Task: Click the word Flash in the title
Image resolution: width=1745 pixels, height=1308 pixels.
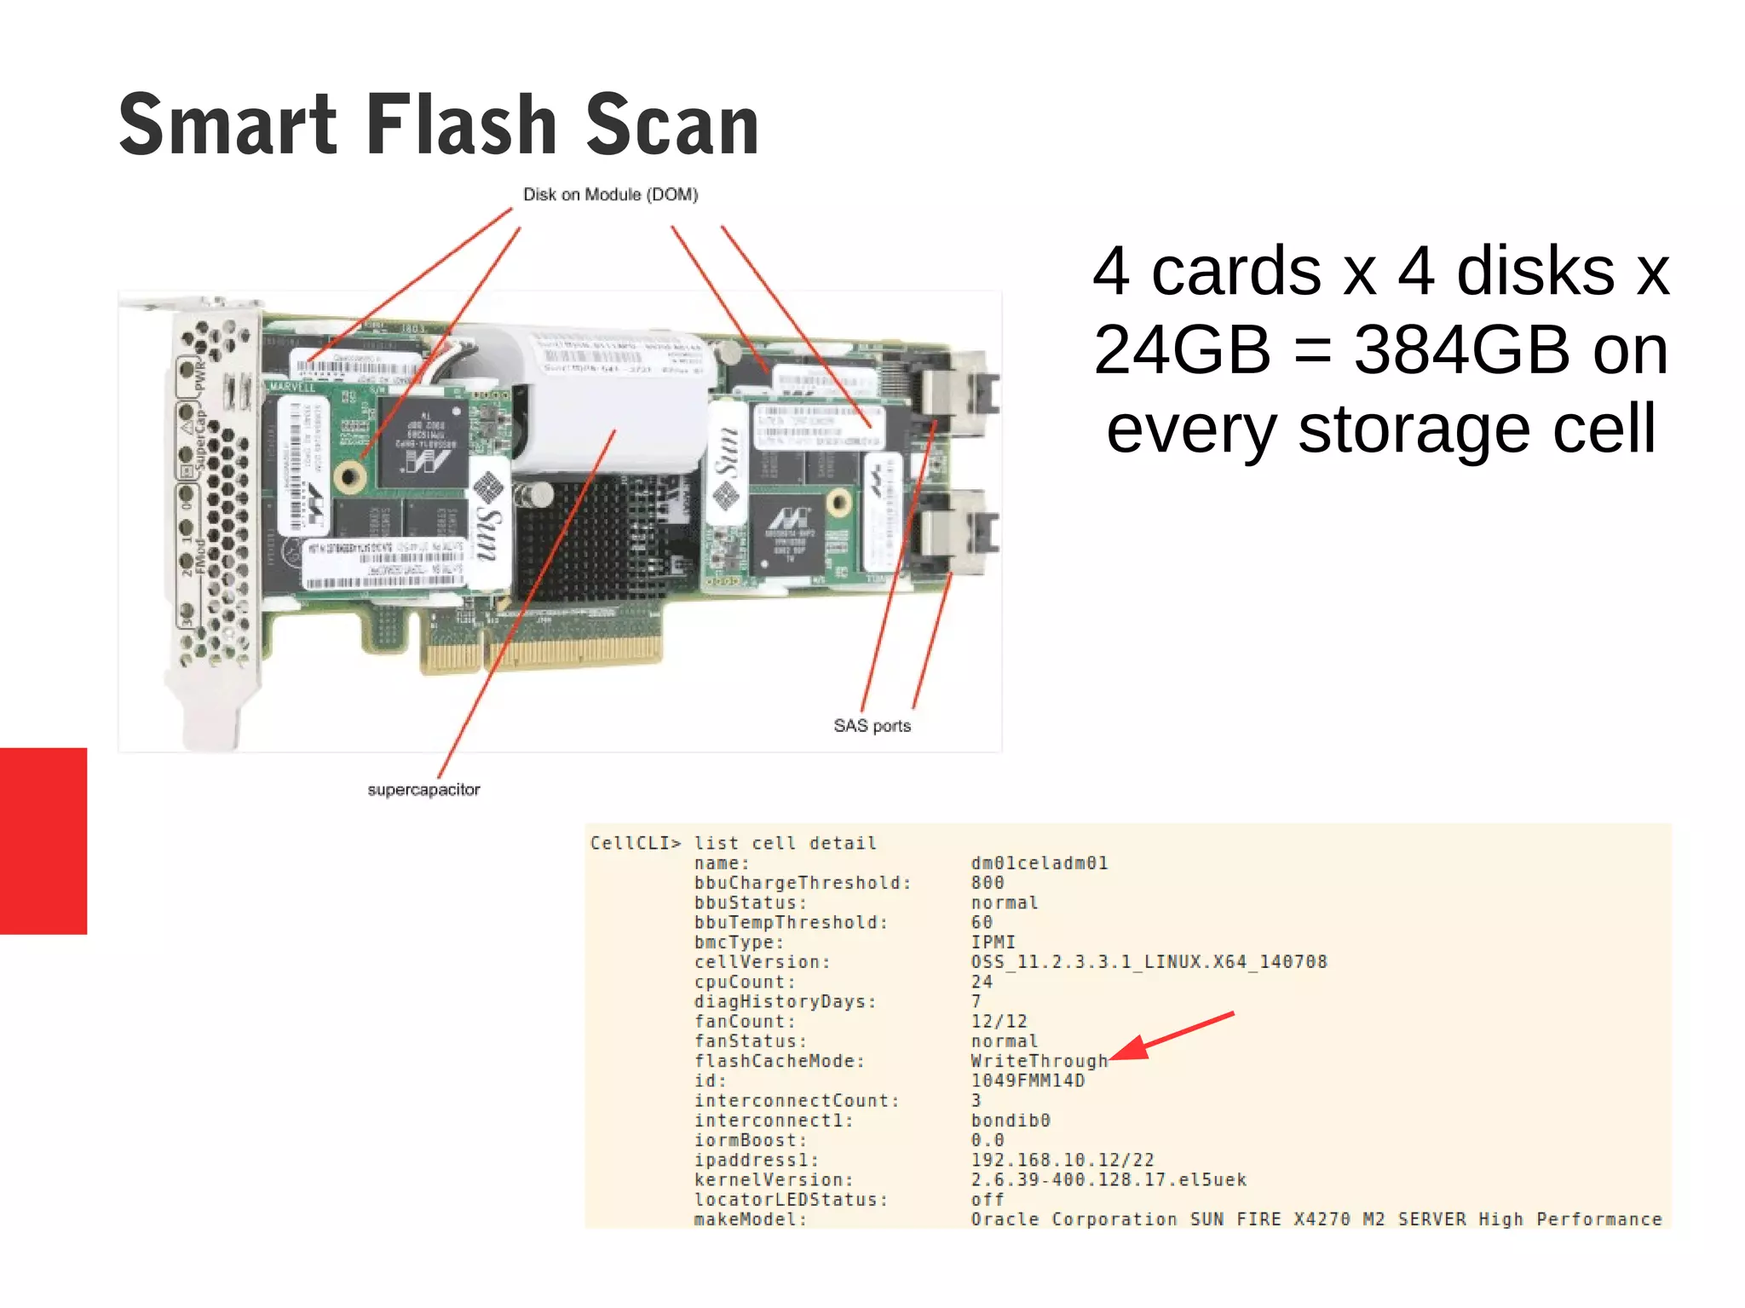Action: click(x=461, y=126)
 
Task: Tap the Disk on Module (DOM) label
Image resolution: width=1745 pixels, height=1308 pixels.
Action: click(x=610, y=195)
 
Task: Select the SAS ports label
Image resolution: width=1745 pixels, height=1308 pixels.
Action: click(x=872, y=726)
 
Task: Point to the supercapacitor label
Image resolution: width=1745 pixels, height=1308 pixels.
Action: click(x=423, y=790)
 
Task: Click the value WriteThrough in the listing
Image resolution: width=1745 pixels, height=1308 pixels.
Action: click(x=1039, y=1061)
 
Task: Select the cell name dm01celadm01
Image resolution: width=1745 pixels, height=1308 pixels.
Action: click(x=1039, y=863)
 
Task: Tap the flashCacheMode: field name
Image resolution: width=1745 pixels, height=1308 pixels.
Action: click(x=779, y=1061)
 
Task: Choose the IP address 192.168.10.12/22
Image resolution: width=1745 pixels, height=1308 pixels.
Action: click(x=1062, y=1160)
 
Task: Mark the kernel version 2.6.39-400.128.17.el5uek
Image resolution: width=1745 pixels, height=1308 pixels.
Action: click(x=1108, y=1180)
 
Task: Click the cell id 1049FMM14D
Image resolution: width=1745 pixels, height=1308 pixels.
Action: click(x=1028, y=1080)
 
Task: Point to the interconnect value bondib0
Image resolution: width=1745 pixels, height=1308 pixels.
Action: click(x=1010, y=1121)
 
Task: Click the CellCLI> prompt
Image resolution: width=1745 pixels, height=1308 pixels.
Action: click(x=636, y=844)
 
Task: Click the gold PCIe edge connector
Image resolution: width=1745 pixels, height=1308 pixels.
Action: click(x=542, y=652)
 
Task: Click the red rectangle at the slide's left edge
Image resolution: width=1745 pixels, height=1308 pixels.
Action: click(x=43, y=841)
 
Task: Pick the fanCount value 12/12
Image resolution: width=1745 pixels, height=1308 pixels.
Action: click(x=999, y=1022)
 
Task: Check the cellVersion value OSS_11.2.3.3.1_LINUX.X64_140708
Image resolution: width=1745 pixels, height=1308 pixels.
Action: click(x=1149, y=962)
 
